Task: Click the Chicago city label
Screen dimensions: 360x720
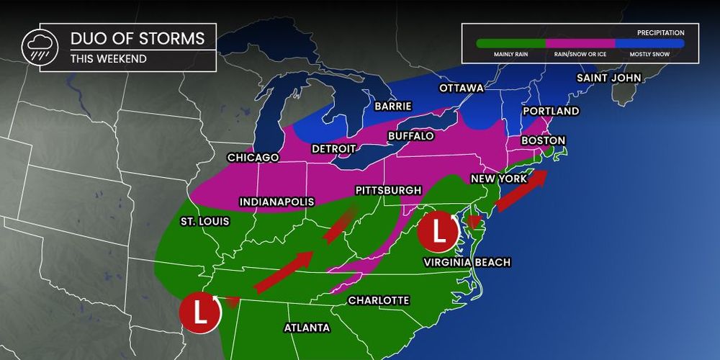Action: pyautogui.click(x=252, y=157)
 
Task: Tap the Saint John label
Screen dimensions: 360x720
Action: pyautogui.click(x=608, y=78)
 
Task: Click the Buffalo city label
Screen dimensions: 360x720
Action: pyautogui.click(x=410, y=135)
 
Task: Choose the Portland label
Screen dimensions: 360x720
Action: pyautogui.click(x=551, y=112)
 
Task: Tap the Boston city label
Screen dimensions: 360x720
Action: pyautogui.click(x=544, y=140)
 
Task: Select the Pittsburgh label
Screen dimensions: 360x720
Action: pyautogui.click(x=388, y=190)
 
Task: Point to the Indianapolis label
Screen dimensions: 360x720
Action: pyautogui.click(x=274, y=202)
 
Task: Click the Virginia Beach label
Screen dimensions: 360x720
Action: pyautogui.click(x=467, y=262)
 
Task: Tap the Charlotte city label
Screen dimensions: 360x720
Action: pyautogui.click(x=378, y=300)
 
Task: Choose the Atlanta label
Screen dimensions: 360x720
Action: pyautogui.click(x=307, y=328)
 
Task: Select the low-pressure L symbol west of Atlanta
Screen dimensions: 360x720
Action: pyautogui.click(x=200, y=312)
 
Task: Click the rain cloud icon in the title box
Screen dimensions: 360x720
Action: pyautogui.click(x=35, y=47)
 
